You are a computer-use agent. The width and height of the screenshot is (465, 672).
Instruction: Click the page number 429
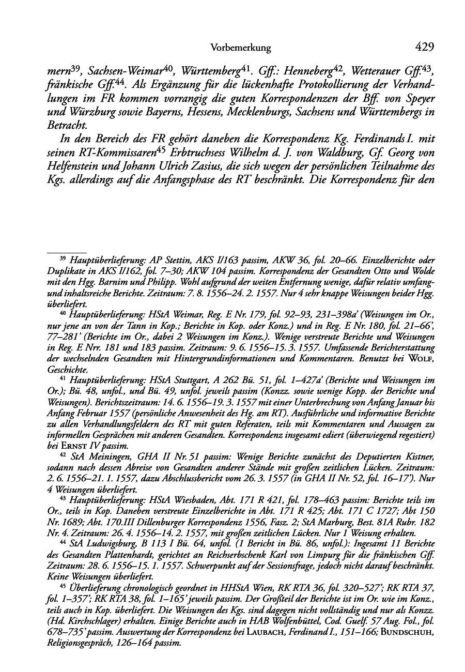(424, 48)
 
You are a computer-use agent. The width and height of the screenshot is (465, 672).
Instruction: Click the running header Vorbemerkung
(240, 48)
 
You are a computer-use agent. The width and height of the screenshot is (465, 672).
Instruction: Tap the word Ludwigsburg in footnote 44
(113, 544)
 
